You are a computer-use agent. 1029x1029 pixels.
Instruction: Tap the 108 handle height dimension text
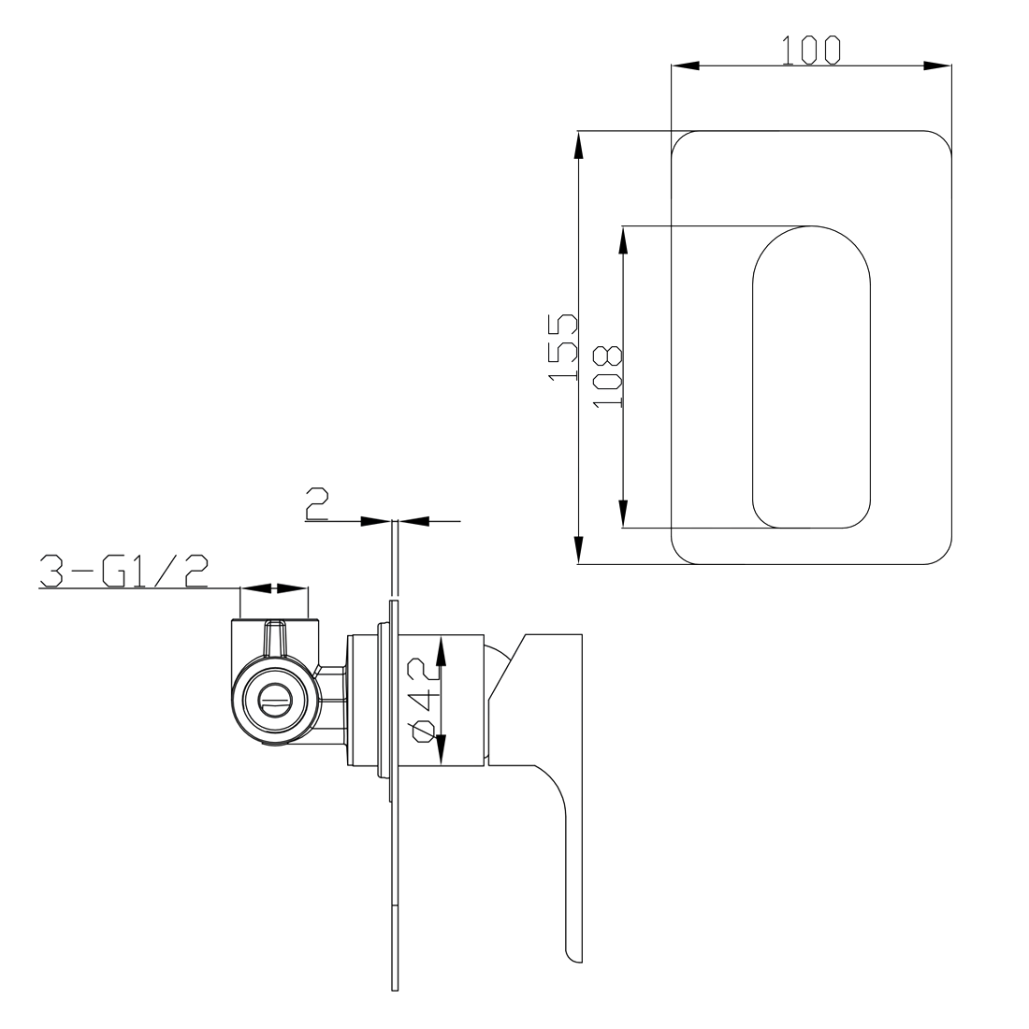point(608,376)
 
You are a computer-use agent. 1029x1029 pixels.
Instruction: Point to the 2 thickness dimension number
point(316,504)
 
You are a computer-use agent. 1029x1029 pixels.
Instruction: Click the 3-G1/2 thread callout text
point(124,571)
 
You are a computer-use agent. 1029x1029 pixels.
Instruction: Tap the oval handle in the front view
point(811,377)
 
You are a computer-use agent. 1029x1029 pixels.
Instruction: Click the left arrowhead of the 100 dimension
point(685,65)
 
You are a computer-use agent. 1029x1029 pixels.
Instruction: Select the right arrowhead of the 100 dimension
point(937,65)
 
